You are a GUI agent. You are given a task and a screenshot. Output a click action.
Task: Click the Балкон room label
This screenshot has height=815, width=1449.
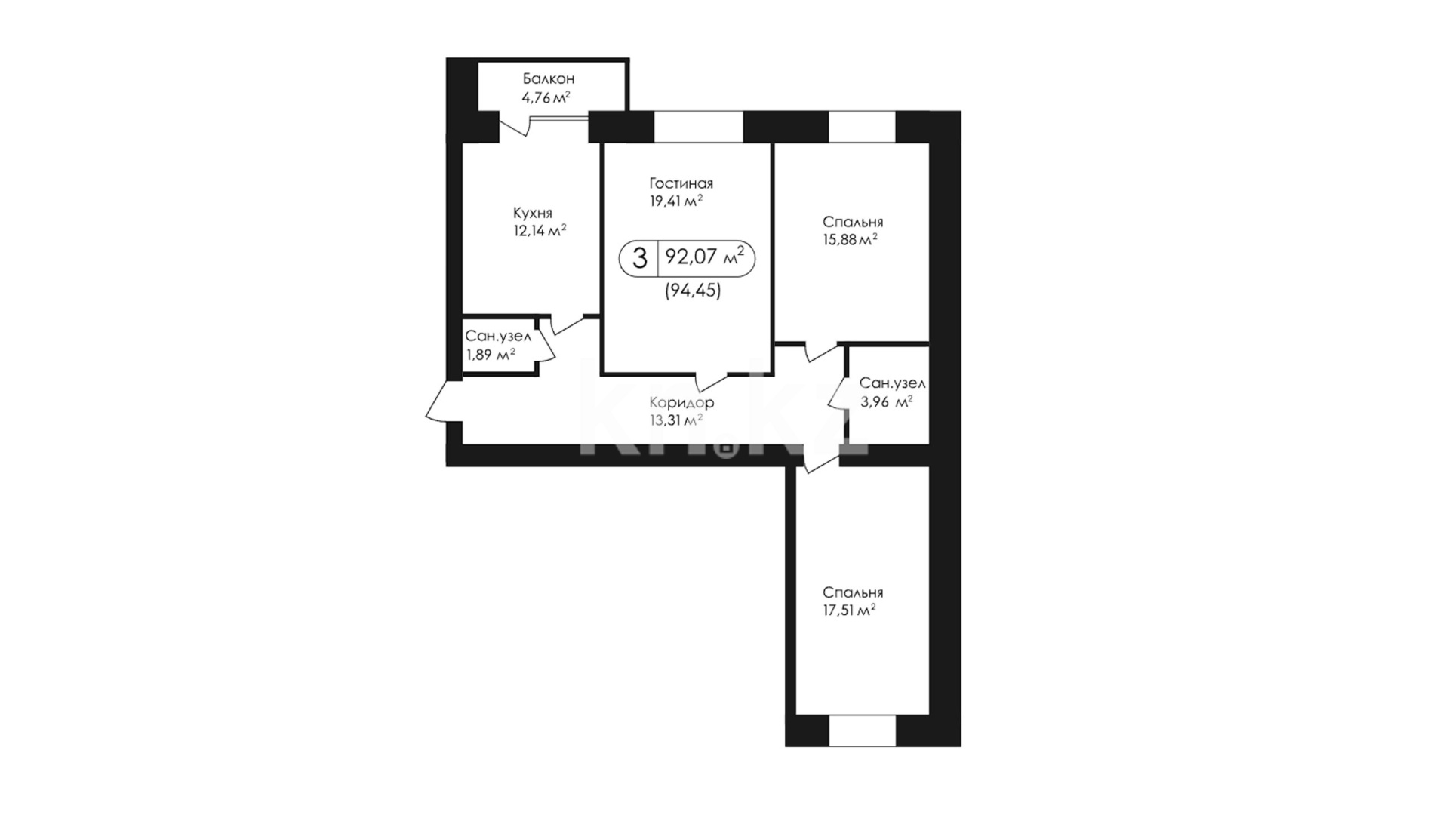point(549,78)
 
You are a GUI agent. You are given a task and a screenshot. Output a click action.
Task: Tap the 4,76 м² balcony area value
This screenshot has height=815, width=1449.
point(546,97)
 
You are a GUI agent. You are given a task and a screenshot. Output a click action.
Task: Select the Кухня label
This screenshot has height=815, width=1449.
point(533,213)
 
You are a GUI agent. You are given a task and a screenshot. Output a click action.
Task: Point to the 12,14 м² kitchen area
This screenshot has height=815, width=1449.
point(540,230)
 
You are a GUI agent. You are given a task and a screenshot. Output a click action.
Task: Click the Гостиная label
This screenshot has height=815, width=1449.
point(681,183)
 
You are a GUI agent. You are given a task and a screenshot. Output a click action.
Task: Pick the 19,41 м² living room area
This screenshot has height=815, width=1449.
point(676,201)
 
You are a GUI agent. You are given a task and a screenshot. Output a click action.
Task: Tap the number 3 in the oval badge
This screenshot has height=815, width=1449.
point(640,258)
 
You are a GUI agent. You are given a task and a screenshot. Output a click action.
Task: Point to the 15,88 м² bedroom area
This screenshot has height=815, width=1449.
point(850,240)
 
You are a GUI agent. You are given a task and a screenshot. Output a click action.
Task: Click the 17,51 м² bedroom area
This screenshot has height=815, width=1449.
point(850,610)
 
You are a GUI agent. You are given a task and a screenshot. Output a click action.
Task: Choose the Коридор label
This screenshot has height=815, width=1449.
point(681,403)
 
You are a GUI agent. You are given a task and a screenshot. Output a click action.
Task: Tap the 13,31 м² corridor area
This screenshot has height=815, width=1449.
point(676,420)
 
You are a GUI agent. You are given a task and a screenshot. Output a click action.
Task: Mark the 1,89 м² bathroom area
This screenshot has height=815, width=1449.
point(491,355)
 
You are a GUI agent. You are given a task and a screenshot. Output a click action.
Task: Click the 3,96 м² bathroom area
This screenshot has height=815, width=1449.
point(887,402)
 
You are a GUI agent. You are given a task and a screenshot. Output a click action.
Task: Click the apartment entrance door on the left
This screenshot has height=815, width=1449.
point(444,401)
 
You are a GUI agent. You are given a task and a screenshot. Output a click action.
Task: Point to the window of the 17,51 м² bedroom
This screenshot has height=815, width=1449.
point(863,731)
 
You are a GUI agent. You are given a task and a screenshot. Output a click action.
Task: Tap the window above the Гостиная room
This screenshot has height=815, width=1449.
point(699,127)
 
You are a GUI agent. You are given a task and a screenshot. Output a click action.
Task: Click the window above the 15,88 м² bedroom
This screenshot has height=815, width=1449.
point(863,127)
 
